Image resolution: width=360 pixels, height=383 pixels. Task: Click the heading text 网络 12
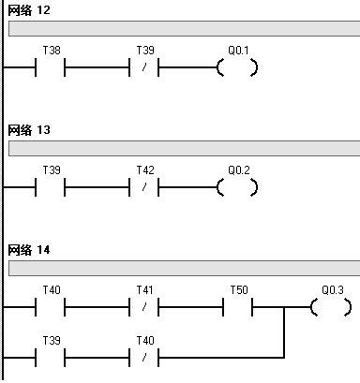[x=29, y=10]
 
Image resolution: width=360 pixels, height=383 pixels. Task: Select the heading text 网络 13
[x=29, y=130]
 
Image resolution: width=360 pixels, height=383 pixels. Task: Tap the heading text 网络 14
[x=29, y=250]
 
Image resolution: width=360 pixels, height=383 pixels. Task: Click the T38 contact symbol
[x=51, y=67]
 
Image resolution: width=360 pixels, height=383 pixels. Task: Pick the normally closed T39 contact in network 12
[x=144, y=67]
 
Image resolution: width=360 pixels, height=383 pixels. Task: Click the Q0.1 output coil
[x=237, y=67]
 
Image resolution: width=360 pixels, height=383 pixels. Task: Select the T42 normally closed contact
[x=144, y=187]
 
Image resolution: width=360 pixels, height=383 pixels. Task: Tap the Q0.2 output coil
[x=237, y=187]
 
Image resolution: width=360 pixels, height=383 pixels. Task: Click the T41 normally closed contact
[x=144, y=307]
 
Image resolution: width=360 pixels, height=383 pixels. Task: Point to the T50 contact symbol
[x=238, y=307]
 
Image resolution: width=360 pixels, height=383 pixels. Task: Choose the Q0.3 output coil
[x=331, y=307]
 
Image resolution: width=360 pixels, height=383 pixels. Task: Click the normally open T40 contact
[x=51, y=307]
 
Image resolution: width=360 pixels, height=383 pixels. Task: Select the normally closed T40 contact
[x=144, y=357]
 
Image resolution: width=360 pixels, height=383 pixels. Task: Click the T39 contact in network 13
[x=51, y=187]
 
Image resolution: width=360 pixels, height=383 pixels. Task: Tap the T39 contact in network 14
[x=51, y=357]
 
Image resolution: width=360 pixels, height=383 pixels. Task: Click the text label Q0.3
[x=332, y=290]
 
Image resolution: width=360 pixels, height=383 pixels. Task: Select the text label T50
[x=239, y=290]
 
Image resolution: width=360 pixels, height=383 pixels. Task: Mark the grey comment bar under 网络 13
[x=184, y=148]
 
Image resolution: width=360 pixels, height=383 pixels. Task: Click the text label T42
[x=145, y=170]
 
